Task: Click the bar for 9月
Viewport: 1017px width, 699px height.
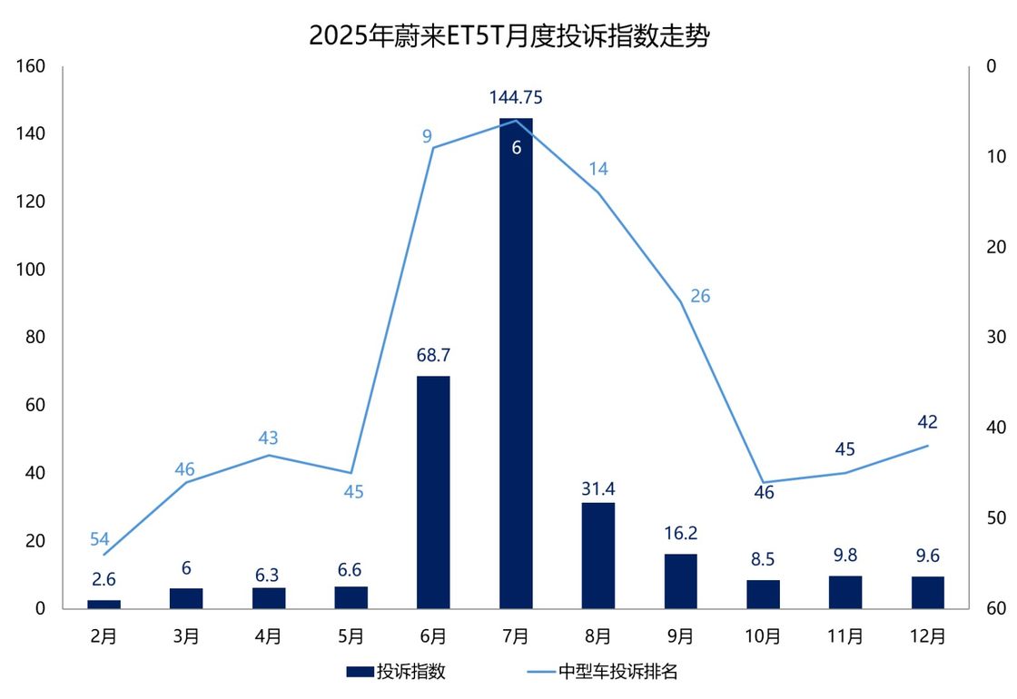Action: tap(680, 581)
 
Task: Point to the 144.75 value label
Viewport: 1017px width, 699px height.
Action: tap(516, 97)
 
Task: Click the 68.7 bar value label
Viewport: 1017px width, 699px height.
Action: tap(433, 355)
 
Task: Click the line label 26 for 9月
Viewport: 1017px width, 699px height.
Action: tap(700, 296)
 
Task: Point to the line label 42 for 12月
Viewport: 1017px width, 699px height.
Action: tap(928, 422)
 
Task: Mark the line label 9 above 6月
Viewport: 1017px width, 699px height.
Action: tap(427, 137)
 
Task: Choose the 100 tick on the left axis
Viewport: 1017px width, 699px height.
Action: tap(31, 270)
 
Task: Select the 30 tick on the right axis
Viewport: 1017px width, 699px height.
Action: tap(995, 337)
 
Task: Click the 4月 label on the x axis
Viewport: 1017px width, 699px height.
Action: tap(269, 635)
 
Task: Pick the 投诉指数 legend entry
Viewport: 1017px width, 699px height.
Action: tap(396, 672)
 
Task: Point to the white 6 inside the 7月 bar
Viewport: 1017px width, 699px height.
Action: tap(516, 147)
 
